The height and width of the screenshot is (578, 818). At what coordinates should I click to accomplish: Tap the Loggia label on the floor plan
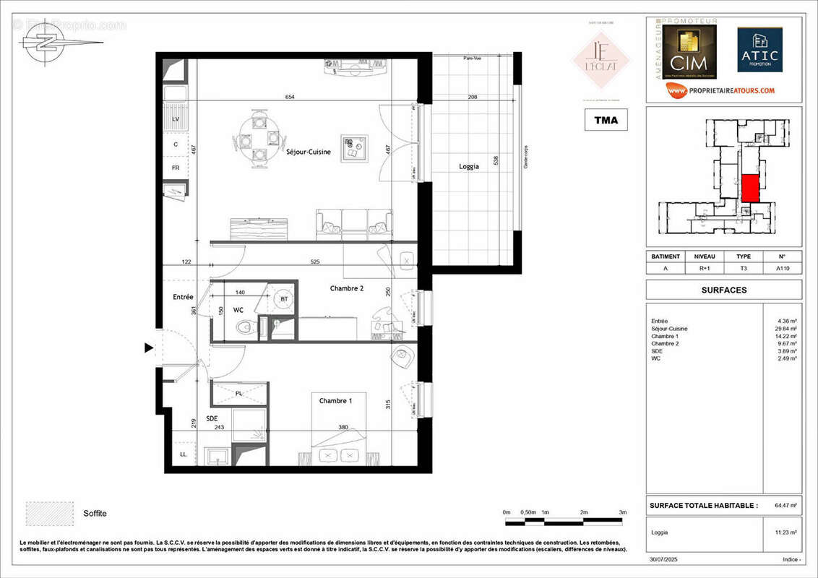(469, 166)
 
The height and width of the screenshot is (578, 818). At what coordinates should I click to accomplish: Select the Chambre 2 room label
(347, 288)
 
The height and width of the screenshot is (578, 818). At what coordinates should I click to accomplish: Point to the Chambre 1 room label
(336, 400)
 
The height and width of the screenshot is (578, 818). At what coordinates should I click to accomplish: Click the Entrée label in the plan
(183, 297)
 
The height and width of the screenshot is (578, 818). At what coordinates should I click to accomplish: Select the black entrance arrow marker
(149, 348)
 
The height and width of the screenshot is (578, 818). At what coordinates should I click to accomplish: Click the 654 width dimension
(290, 97)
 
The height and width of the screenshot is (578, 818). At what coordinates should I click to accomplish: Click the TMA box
(606, 120)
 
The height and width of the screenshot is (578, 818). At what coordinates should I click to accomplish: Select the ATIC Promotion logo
(759, 51)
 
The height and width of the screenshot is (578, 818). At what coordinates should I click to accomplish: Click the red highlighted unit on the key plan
(751, 189)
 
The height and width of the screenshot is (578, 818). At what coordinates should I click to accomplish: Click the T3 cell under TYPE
(743, 268)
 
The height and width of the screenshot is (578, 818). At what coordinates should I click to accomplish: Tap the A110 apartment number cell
(782, 268)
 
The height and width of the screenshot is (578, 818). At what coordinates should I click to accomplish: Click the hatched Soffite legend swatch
(50, 513)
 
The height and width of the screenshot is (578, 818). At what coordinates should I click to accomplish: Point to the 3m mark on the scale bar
(623, 512)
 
